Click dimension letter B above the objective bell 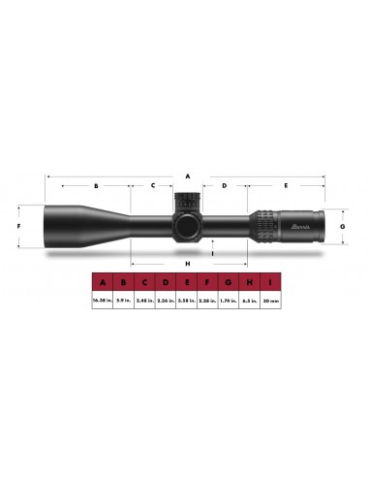[96, 184]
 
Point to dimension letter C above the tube [153, 184]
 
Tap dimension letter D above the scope [224, 184]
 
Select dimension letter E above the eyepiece [286, 184]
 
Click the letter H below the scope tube [187, 263]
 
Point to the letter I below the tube [212, 255]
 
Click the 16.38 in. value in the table [102, 302]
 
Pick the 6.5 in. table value [249, 302]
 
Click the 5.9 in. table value [123, 302]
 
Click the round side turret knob [187, 226]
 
